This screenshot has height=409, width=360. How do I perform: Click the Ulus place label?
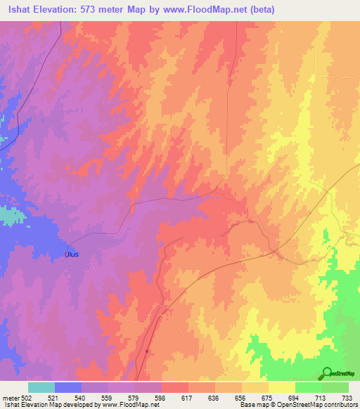73,254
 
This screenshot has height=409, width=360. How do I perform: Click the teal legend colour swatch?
41,387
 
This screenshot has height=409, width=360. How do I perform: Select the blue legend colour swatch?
68,387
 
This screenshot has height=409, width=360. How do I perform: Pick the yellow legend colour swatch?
282,387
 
